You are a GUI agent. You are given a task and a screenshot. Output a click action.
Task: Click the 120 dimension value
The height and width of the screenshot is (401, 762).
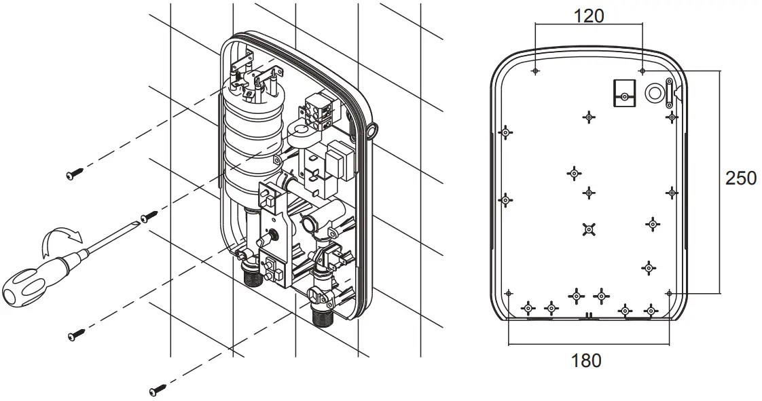click(x=588, y=16)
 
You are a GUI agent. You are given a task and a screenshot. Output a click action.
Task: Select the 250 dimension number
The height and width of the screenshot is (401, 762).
click(x=740, y=178)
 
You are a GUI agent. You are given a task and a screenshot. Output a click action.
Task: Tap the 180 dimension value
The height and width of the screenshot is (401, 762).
click(x=586, y=360)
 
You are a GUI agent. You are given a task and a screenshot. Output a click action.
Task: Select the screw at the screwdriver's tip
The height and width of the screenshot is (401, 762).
click(x=148, y=216)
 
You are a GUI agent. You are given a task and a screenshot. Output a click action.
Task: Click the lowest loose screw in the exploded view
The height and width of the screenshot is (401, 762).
click(x=158, y=390)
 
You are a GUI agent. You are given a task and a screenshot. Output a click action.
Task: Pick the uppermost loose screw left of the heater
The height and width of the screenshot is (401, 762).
click(x=73, y=175)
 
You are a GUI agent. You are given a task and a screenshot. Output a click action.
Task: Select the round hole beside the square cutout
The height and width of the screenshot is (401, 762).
click(x=655, y=93)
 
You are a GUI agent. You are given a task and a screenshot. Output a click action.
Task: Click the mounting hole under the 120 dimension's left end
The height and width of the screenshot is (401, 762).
click(x=536, y=71)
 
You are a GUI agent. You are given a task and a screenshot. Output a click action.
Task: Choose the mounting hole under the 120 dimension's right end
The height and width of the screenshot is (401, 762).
click(x=642, y=70)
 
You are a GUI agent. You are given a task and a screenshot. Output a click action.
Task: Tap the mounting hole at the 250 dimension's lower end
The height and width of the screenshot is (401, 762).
click(x=670, y=293)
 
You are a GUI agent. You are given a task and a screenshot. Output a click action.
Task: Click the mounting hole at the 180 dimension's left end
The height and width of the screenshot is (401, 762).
click(x=509, y=293)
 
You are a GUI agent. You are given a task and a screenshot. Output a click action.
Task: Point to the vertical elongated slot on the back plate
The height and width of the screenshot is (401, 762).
click(x=670, y=92)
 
